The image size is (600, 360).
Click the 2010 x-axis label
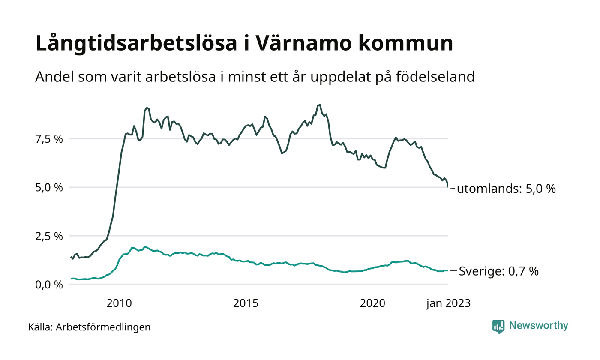[119, 303]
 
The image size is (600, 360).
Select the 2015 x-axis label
[246, 303]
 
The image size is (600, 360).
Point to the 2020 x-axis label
[372, 303]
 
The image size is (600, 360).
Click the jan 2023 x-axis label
[448, 303]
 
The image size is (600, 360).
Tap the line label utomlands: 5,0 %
[506, 189]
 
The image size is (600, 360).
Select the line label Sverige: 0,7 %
[498, 271]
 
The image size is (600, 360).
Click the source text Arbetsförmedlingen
[103, 327]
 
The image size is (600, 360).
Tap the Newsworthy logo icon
[498, 327]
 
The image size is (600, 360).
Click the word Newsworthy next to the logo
[538, 326]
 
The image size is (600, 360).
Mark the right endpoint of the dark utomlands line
[448, 187]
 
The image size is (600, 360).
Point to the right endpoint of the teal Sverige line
[448, 270]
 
